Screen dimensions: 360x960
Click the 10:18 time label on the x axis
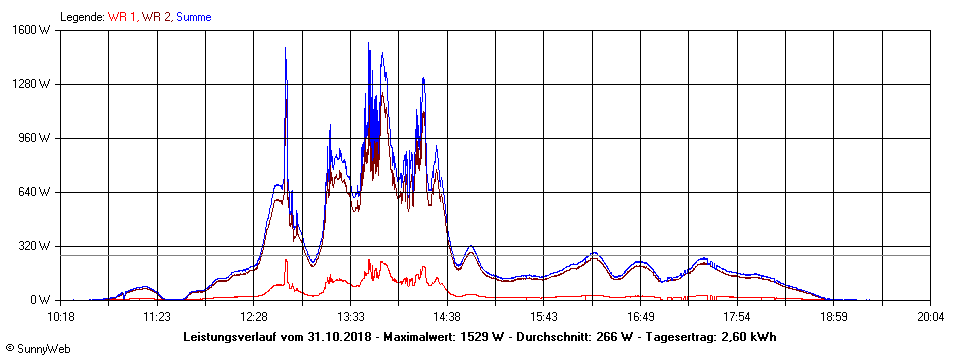61,316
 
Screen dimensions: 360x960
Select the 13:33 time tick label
351,316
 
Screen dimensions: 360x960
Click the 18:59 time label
834,316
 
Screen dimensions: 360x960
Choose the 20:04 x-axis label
931,316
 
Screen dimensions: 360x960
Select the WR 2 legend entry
156,17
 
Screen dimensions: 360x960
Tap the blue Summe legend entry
194,17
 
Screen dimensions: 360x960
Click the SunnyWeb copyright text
37,348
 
